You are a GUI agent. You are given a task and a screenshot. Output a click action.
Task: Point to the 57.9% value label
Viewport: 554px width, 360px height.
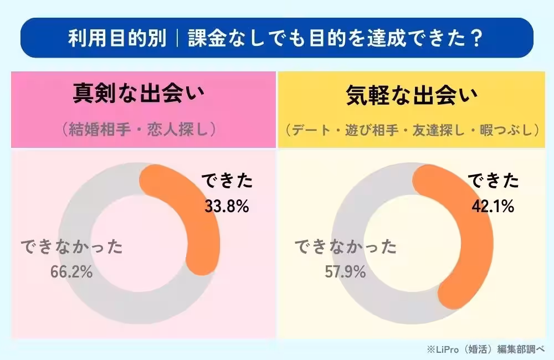pos(345,272)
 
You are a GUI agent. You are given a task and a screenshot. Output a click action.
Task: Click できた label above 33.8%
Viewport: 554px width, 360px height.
pos(227,181)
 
